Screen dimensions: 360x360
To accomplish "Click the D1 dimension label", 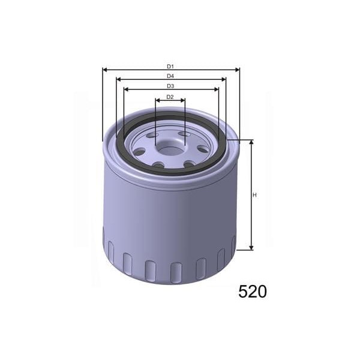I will (x=170, y=66).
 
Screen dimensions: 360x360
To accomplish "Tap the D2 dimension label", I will (x=170, y=97).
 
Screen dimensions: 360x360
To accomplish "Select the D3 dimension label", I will (x=170, y=86).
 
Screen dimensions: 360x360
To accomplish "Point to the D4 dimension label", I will (x=170, y=76).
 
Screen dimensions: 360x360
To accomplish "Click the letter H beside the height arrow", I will (x=254, y=195).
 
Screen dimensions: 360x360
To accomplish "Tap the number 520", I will (x=252, y=292).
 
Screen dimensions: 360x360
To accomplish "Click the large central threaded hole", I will (x=170, y=145).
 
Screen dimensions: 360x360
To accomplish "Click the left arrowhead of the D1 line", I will (x=106, y=70).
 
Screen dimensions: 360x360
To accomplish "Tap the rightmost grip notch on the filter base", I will (x=233, y=246).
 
